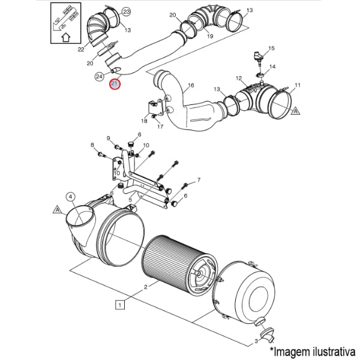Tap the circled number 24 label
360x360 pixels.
click(x=100, y=76)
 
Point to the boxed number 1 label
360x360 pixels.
click(x=120, y=305)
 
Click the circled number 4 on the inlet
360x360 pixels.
click(x=70, y=196)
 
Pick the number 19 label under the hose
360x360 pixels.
click(x=210, y=36)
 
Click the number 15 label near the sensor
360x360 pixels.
click(x=271, y=48)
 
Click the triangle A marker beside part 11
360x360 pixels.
click(x=296, y=111)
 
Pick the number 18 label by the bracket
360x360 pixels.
click(x=144, y=121)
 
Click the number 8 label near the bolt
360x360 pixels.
click(x=92, y=145)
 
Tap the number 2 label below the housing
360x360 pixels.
click(x=145, y=287)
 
